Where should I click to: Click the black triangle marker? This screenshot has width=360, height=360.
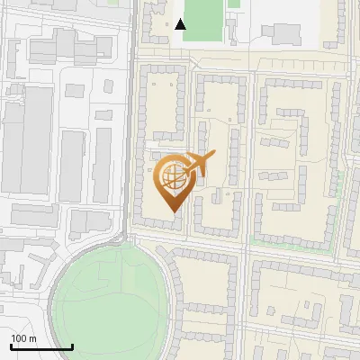tap(181, 24)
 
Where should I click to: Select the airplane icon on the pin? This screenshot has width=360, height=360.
tap(196, 166)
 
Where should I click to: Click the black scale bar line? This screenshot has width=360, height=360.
tap(41, 347)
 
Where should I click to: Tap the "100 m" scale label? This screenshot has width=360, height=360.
tap(23, 339)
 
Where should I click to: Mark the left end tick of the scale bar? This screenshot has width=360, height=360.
tap(11, 346)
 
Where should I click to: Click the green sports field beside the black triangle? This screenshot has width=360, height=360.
tap(205, 18)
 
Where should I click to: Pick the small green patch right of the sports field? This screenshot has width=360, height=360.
tap(234, 4)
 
